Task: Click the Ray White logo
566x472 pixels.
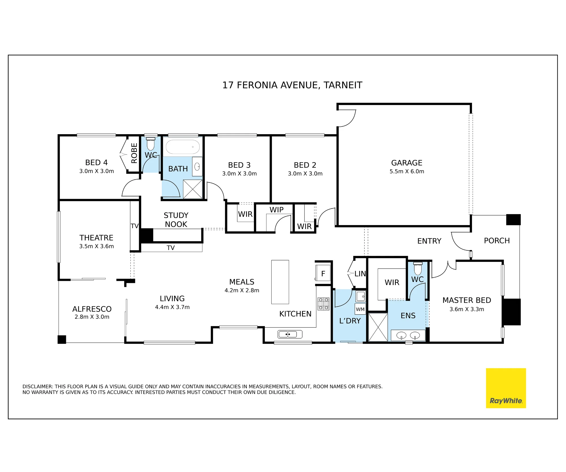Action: (506, 388)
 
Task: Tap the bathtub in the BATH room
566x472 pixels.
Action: (183, 147)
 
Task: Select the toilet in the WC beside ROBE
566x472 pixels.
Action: (151, 144)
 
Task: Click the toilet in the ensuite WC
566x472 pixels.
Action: (418, 268)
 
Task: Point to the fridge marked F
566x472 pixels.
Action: (323, 273)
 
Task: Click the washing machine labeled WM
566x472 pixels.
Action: (360, 309)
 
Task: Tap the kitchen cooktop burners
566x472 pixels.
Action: (323, 304)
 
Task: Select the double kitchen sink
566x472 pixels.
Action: (290, 334)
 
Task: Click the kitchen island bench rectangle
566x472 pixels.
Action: (280, 282)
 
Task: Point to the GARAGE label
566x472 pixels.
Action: (407, 163)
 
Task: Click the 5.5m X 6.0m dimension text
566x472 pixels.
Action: (407, 171)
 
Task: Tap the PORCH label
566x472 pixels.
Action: (497, 241)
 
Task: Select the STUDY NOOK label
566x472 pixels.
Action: (176, 220)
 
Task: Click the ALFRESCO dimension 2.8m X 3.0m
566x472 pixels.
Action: (92, 317)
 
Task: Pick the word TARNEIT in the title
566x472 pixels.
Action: (343, 85)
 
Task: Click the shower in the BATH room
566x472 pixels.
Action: (193, 189)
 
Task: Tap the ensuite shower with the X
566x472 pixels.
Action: (378, 327)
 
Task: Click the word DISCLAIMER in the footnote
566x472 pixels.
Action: (38, 386)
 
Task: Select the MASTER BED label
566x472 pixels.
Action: (467, 300)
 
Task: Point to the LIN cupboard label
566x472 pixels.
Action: (360, 274)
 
